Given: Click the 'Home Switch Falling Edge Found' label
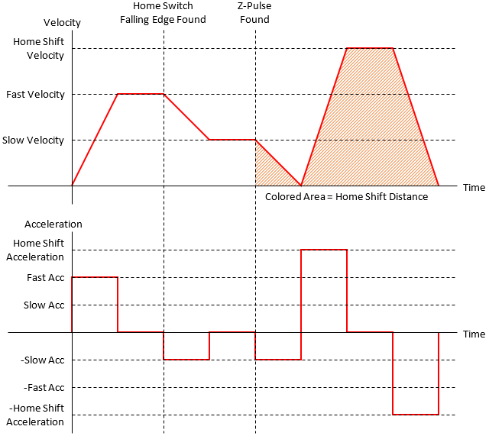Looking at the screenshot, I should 163,13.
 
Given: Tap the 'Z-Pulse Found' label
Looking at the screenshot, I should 254,13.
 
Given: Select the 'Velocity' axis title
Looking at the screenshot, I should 63,23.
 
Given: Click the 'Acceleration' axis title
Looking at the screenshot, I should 53,224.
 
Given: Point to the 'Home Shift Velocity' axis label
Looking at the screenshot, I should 39,49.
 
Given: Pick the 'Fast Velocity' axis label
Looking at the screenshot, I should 36,95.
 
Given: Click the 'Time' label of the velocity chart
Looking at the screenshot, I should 474,187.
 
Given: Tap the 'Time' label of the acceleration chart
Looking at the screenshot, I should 474,334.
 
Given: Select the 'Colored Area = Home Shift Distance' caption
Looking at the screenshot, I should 346,197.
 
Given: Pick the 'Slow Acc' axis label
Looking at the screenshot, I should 45,305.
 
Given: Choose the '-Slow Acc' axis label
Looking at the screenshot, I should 44,360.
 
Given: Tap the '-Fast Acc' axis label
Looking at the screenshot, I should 44,388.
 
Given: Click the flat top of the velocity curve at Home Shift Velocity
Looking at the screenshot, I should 370,48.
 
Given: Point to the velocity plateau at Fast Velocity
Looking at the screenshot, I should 141,94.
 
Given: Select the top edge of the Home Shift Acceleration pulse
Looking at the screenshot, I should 324,249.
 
